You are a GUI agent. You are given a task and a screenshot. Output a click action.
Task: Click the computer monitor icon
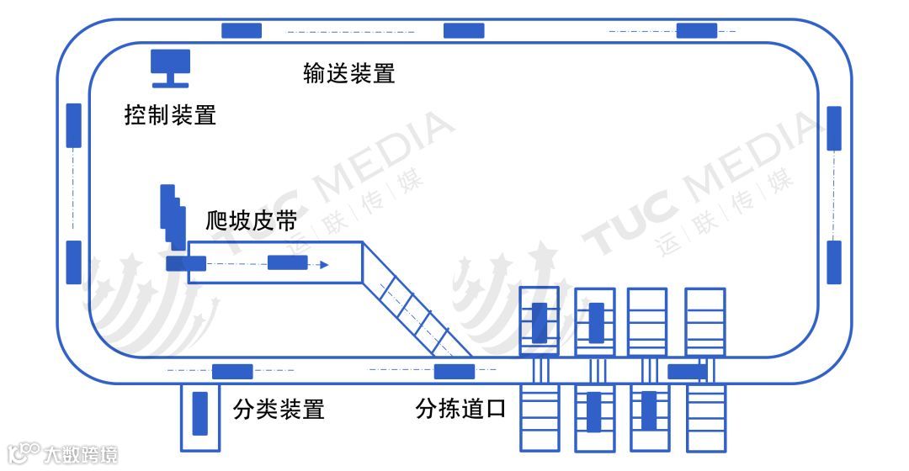click(170, 67)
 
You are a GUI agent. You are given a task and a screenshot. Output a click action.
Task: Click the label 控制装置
click(170, 115)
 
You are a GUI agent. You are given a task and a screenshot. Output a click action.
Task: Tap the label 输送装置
click(349, 73)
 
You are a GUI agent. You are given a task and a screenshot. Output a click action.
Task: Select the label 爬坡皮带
click(251, 221)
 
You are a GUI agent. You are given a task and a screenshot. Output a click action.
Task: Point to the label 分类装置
click(279, 410)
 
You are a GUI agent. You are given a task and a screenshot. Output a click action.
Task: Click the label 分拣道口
click(462, 410)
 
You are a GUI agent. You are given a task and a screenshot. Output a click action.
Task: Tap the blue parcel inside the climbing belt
click(287, 263)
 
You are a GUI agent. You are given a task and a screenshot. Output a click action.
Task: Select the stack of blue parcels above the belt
click(173, 217)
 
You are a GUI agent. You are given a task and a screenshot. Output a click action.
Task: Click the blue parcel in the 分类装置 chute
click(200, 413)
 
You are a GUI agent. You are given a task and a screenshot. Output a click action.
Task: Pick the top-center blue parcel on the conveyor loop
click(464, 30)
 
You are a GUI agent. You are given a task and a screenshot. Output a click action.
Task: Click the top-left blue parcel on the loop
click(242, 30)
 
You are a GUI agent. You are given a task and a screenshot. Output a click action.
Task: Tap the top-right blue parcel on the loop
click(697, 30)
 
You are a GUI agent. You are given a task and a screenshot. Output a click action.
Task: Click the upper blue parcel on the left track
click(73, 125)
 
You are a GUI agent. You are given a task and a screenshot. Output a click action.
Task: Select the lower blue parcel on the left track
click(73, 262)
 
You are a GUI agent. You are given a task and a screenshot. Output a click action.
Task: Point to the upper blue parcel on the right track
click(834, 128)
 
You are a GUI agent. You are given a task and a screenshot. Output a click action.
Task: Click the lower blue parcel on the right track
click(834, 262)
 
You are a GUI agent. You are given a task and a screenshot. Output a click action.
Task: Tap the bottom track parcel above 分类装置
click(231, 371)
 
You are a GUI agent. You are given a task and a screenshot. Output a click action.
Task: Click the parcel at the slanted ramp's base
click(454, 371)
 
